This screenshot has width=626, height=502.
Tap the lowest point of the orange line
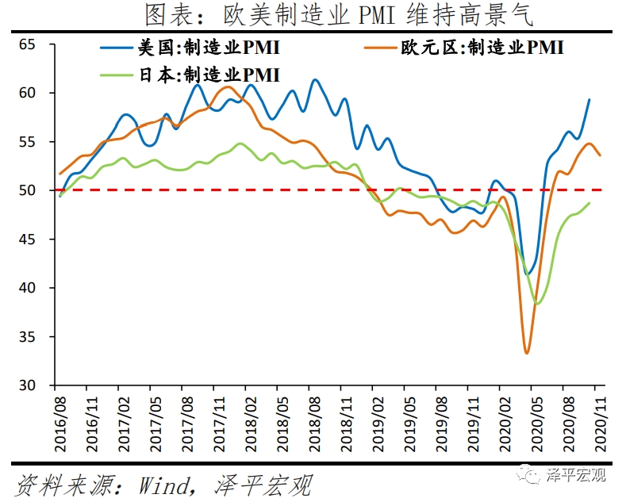pos(526,353)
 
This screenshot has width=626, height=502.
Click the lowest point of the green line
pos(537,304)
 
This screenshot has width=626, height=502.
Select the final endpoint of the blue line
pos(590,99)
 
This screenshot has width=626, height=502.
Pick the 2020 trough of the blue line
pos(527,274)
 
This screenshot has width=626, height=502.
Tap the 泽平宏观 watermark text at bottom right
pos(576,475)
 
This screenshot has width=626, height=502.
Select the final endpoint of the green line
pos(590,202)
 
